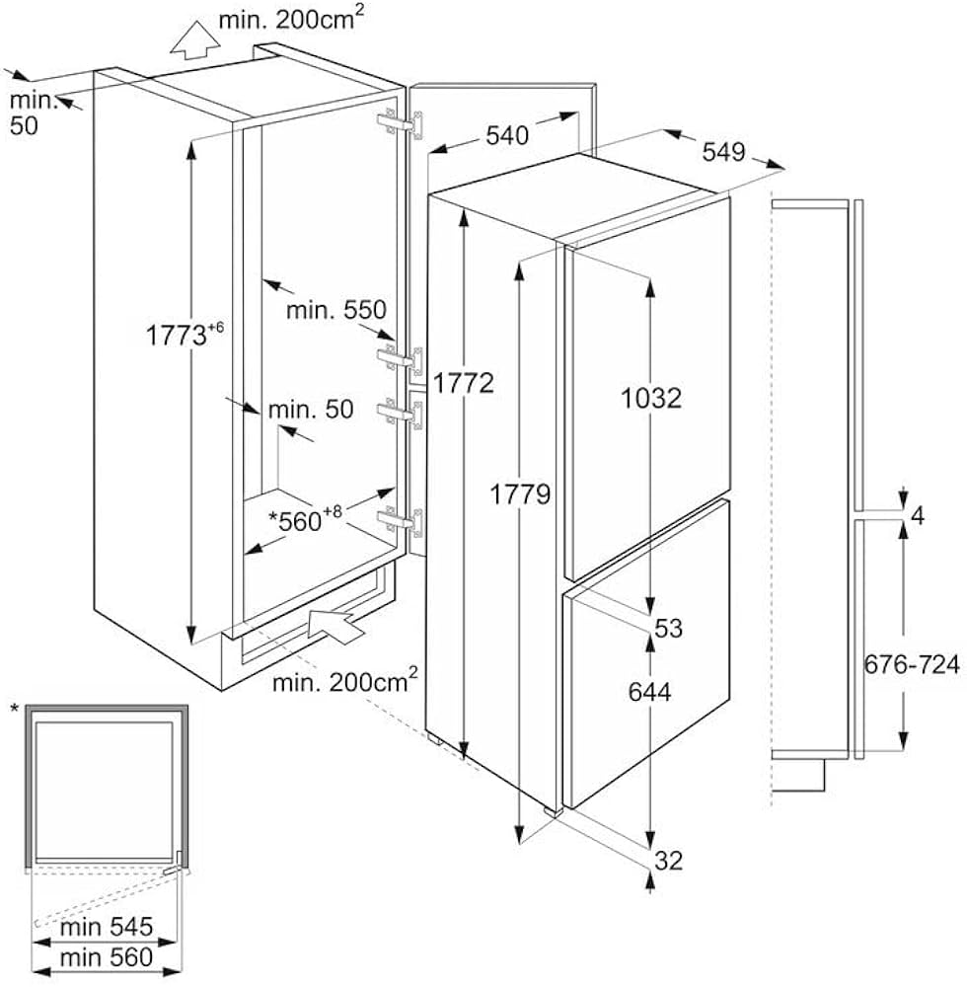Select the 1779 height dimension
tap(521, 493)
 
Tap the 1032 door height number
tap(652, 398)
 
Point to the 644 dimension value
tap(649, 692)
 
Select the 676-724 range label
tap(912, 665)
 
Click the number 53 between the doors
tap(668, 628)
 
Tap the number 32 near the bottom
tap(668, 861)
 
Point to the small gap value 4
tap(917, 514)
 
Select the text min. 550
tap(335, 309)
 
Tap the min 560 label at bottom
tap(106, 956)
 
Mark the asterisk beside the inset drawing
tap(14, 709)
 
